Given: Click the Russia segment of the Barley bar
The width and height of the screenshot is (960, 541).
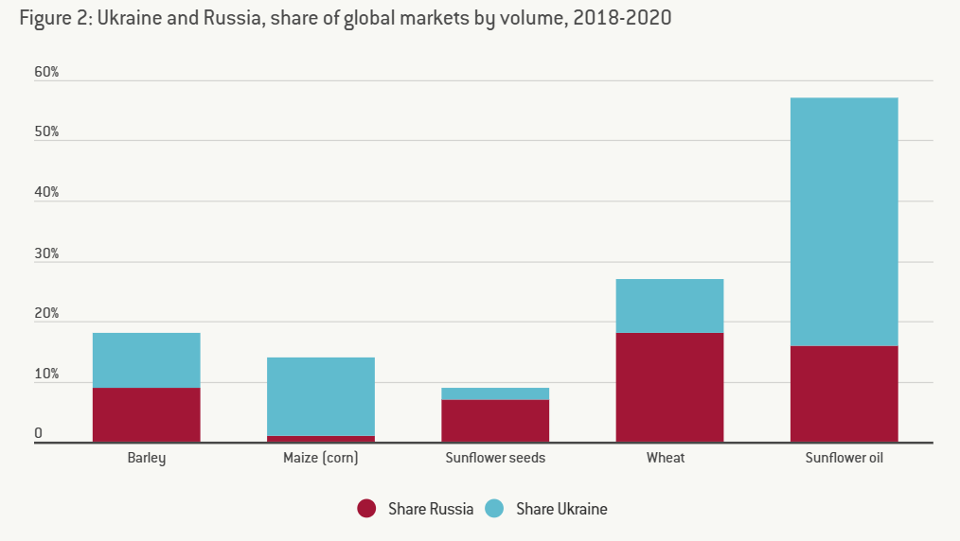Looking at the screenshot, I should click(146, 414).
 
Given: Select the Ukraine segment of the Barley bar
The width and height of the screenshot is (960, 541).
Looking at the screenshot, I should click(146, 360).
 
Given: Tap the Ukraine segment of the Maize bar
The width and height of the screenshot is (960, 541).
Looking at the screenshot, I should click(321, 396).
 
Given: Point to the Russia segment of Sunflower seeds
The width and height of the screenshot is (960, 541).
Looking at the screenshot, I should click(495, 421).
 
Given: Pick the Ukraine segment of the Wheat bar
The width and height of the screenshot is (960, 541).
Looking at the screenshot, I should click(669, 305).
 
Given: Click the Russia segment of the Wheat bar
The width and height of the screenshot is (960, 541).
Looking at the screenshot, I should click(669, 387).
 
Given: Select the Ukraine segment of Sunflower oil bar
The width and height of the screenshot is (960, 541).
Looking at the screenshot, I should click(844, 221).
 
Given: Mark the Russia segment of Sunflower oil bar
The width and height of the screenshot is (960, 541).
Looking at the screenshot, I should click(844, 393).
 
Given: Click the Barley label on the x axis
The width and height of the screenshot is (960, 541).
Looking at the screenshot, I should click(146, 459).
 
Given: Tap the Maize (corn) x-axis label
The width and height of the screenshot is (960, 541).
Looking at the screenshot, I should click(321, 459).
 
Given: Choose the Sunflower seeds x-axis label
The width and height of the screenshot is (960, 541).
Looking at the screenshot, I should click(495, 459).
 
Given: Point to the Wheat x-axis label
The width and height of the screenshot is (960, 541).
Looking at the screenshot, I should click(666, 459).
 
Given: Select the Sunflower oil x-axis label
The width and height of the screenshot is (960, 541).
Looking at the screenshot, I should click(844, 459).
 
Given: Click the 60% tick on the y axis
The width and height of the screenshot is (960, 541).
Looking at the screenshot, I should click(46, 72).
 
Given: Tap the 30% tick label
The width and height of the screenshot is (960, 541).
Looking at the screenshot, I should click(46, 253).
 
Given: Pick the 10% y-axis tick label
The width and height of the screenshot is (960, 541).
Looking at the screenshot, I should click(46, 375).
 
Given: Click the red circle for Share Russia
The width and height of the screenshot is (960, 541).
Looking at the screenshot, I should click(367, 509).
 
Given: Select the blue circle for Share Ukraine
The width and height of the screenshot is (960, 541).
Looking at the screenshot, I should click(495, 509).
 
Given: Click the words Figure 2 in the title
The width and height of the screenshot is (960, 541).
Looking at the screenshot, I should click(53, 18).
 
